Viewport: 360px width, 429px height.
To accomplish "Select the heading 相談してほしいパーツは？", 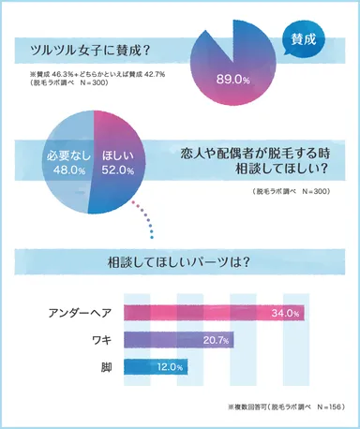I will coord(179,262).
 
